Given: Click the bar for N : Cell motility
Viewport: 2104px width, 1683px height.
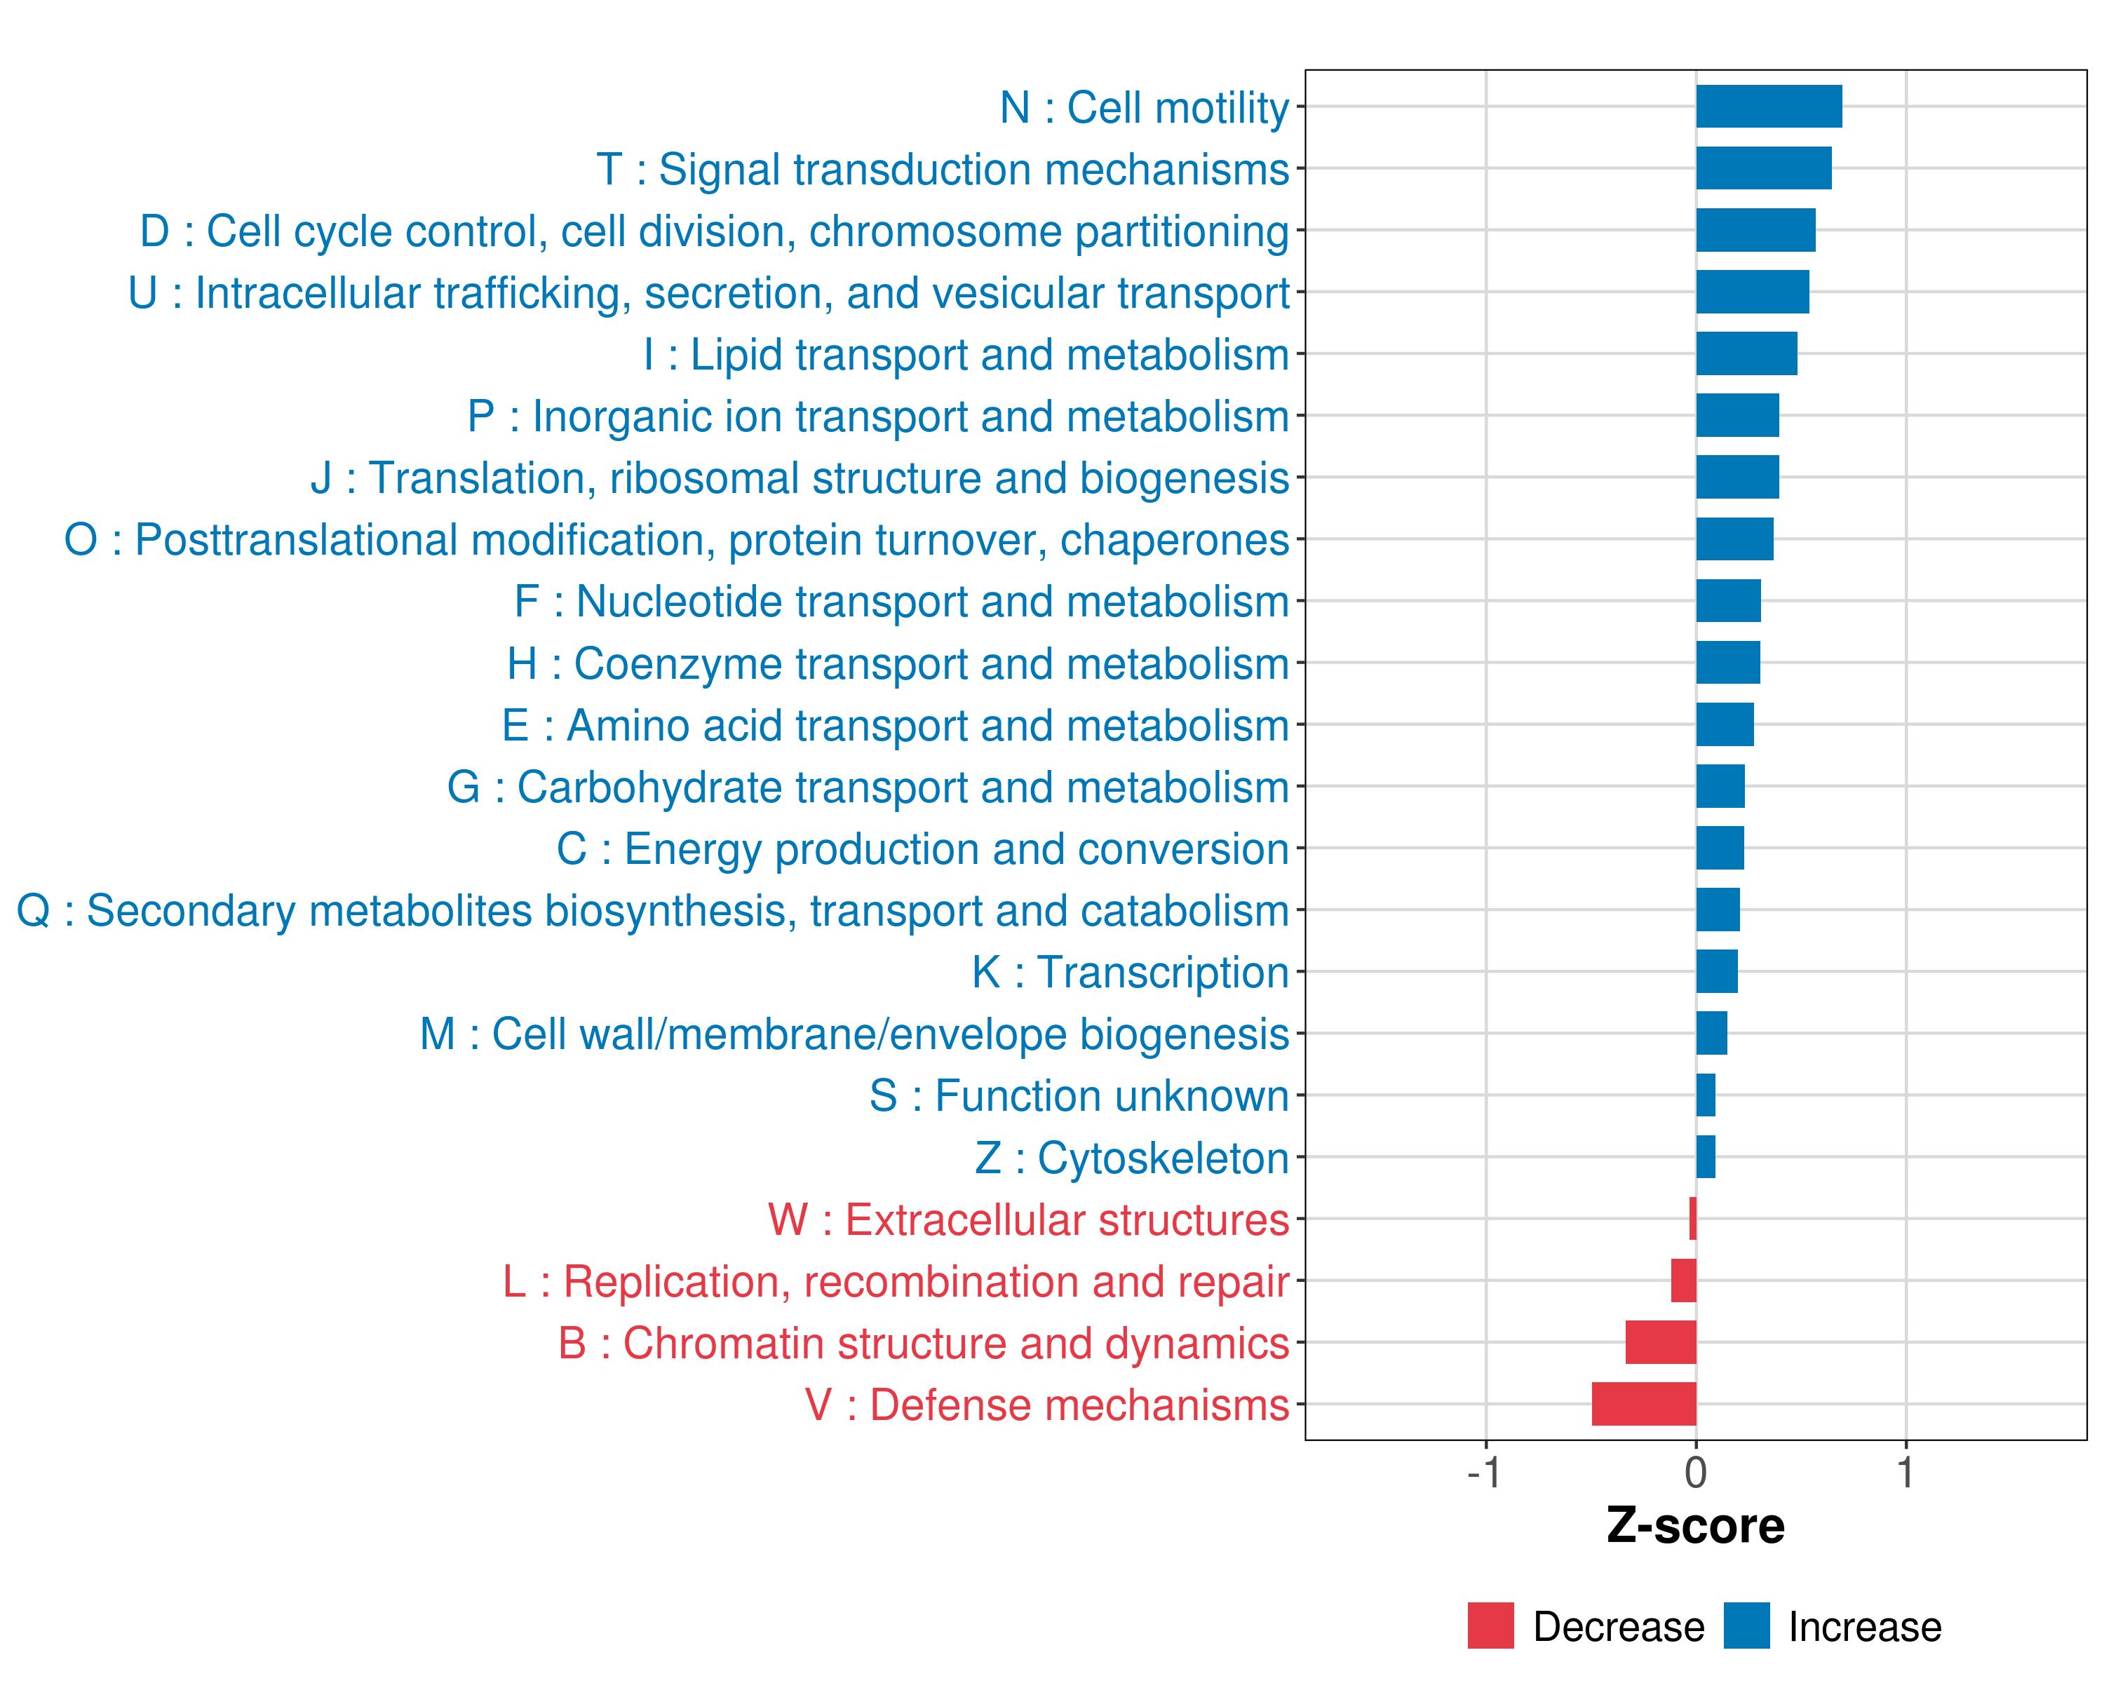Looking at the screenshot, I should (x=1768, y=107).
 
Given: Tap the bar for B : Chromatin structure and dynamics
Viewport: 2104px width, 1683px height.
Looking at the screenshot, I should (x=1660, y=1341).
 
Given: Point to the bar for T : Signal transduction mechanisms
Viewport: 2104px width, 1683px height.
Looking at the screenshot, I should (x=1763, y=168).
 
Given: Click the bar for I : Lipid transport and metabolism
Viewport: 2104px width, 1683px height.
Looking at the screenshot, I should (x=1746, y=353).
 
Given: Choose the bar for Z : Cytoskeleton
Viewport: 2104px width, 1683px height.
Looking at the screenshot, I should (x=1705, y=1156).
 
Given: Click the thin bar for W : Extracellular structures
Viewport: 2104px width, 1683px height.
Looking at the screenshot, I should (x=1692, y=1219).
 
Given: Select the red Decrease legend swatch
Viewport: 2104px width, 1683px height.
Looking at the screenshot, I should (x=1490, y=1625).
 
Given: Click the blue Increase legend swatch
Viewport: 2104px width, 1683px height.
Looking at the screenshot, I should (x=1746, y=1625).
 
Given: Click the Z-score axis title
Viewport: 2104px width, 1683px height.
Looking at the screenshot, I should (x=1695, y=1526).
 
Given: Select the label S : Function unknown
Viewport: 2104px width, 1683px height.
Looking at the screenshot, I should (x=1079, y=1095).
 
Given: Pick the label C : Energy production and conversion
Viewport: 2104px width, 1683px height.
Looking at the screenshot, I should (x=922, y=849).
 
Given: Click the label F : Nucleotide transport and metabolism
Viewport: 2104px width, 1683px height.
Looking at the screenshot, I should (x=901, y=602).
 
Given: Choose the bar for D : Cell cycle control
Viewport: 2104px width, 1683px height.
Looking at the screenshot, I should (x=1755, y=230).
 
